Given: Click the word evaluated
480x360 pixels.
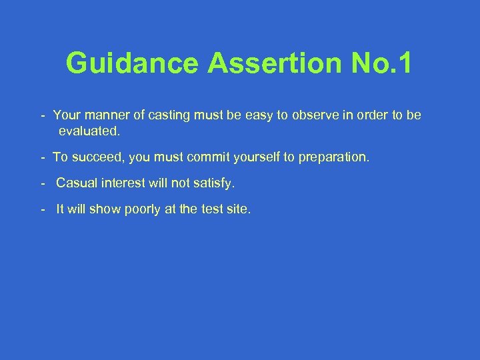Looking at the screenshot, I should pos(89,131).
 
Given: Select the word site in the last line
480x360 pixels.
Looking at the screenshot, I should pos(238,209).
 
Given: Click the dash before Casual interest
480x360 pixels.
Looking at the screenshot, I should pos(42,183).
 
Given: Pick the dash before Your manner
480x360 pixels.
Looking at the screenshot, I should pos(42,115).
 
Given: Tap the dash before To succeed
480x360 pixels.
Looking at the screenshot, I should pos(42,157).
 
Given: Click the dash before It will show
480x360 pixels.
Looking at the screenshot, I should pos(42,209).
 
